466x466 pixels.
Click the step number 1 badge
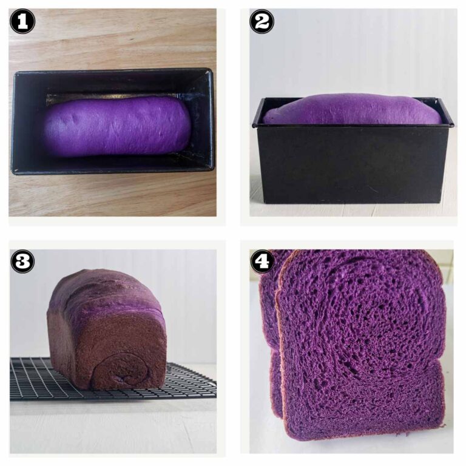point(22,22)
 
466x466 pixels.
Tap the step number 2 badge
point(262,22)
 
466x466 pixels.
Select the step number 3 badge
point(22,262)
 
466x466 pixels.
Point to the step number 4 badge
point(262,262)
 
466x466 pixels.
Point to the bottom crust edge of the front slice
point(364,436)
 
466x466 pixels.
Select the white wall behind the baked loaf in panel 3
point(182,291)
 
